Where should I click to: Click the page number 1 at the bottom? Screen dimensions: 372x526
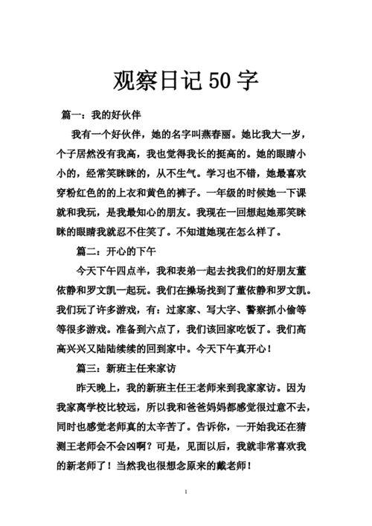[x=186, y=492]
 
